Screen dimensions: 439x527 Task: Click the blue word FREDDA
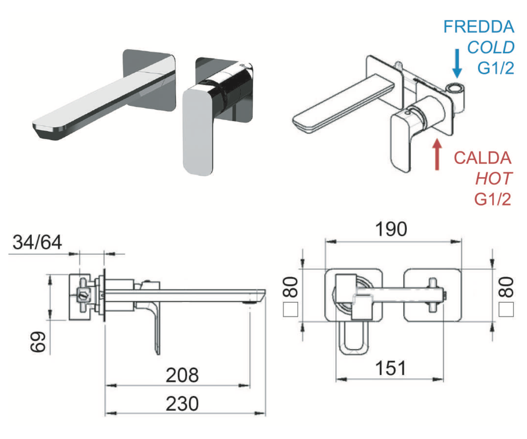point(478,27)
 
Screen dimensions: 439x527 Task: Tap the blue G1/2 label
point(495,68)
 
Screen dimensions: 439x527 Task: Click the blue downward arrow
point(457,64)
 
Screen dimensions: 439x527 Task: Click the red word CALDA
point(482,158)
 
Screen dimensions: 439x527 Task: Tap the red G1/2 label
point(493,199)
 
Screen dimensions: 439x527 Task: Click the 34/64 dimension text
point(37,242)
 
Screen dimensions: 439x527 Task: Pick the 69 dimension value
point(38,341)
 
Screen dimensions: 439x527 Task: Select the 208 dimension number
point(182,375)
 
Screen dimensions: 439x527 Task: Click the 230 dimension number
point(182,404)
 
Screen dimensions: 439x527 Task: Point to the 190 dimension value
point(391,229)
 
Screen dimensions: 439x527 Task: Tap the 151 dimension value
point(390,368)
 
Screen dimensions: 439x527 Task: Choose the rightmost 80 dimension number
point(506,287)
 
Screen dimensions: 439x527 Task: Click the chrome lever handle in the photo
point(198,130)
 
